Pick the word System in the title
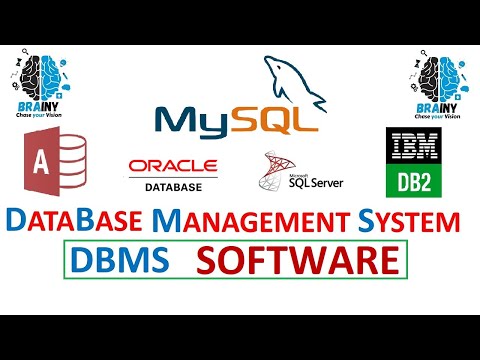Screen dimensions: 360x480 coord(408,220)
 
